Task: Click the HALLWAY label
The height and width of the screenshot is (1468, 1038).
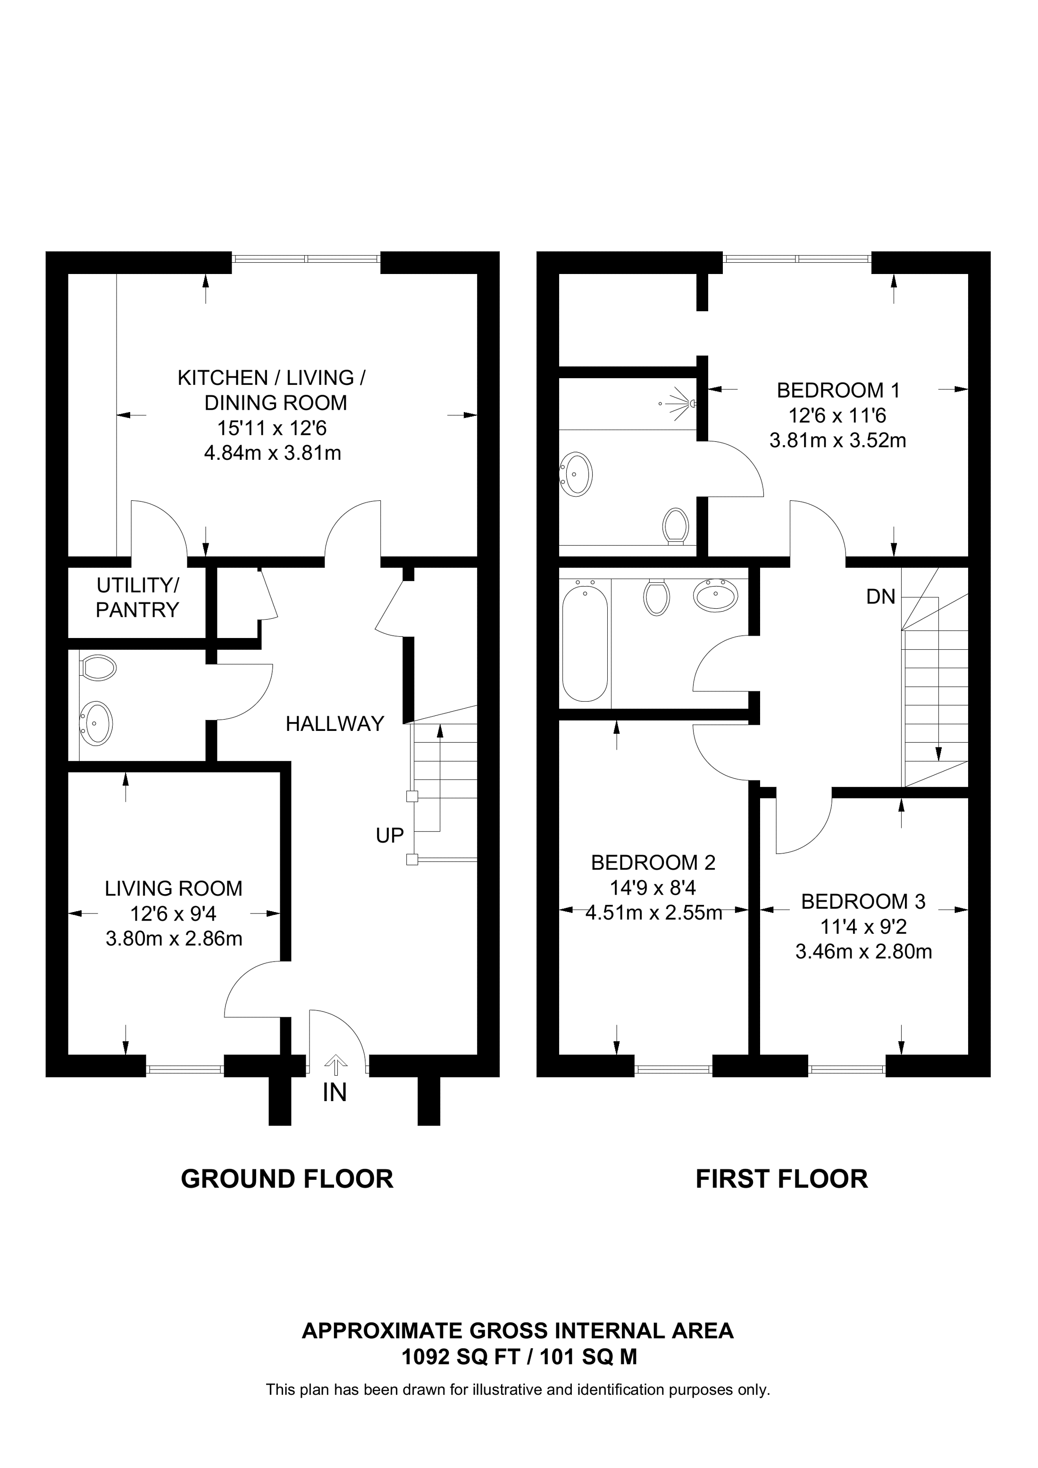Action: coord(335,724)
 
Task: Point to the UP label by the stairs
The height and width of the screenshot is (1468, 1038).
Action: coord(390,835)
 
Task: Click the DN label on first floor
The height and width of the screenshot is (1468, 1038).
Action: coord(881,597)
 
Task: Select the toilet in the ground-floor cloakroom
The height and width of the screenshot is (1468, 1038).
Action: coord(98,668)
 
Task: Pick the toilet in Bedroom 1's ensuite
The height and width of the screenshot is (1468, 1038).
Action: coord(675,525)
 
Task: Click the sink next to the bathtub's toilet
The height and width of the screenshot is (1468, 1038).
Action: coord(715,596)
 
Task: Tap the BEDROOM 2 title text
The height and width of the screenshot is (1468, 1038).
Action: coord(653,863)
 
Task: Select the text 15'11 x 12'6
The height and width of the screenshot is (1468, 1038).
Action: coord(272,428)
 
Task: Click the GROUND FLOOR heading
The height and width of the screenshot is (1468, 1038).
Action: coord(287,1178)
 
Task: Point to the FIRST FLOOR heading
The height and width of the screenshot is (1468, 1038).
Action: coord(781,1178)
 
